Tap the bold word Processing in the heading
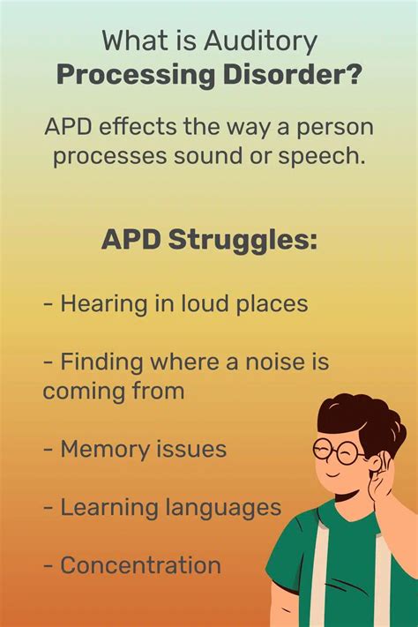129,74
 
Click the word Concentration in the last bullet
140,565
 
